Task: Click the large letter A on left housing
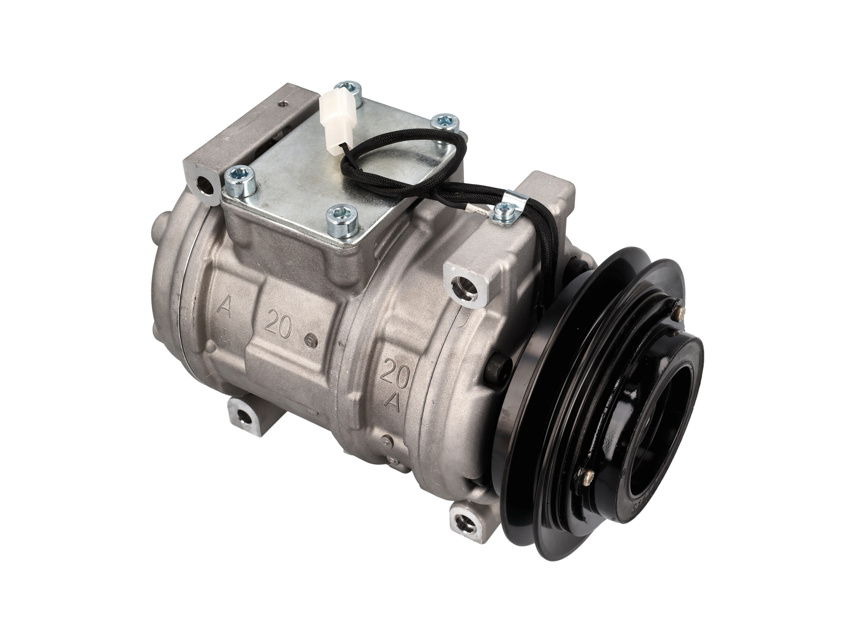[x=225, y=309]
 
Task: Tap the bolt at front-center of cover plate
[x=339, y=217]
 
